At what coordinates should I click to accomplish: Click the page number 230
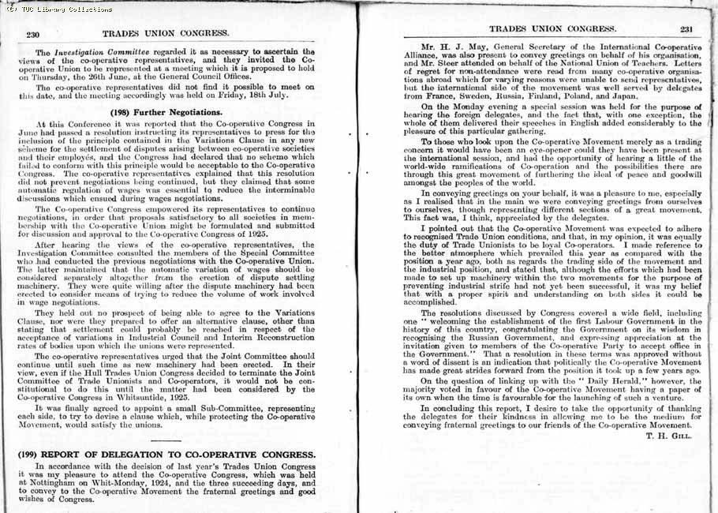33,34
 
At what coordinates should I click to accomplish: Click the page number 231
686,30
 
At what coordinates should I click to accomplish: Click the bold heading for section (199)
166,455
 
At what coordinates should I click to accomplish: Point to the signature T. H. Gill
668,436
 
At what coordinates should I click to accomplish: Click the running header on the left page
166,34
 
